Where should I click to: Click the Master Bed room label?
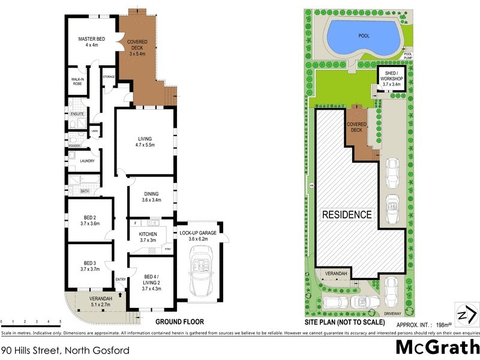[91, 42]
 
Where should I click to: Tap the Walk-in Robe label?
[77, 81]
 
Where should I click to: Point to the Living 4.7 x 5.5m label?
[145, 142]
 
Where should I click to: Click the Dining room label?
[151, 196]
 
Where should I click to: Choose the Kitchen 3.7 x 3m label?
[148, 236]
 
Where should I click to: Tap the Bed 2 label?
[91, 220]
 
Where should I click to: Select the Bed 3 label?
[91, 266]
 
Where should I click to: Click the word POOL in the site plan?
[364, 35]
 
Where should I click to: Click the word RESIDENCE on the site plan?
[347, 214]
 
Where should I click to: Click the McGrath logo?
[437, 347]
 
